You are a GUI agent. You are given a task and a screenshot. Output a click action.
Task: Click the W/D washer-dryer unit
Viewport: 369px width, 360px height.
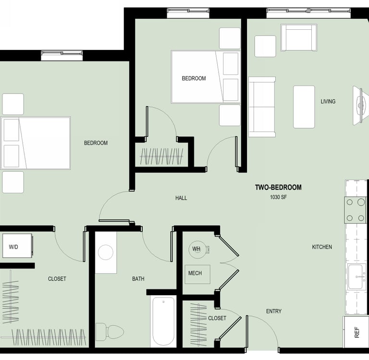17,245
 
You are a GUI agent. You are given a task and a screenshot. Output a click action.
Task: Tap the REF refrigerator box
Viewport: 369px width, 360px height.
356,332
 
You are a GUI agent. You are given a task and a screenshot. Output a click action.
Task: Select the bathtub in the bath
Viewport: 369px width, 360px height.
163,321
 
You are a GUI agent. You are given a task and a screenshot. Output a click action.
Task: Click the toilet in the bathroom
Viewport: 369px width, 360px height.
110,332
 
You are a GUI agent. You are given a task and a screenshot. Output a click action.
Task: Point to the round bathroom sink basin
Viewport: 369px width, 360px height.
105,252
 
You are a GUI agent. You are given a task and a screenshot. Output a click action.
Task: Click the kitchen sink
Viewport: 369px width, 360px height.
357,276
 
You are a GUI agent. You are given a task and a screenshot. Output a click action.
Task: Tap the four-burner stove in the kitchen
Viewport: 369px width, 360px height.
356,210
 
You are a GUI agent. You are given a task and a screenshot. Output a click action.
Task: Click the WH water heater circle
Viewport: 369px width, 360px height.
197,250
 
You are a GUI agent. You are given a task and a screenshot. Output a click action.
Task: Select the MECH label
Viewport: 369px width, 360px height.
195,273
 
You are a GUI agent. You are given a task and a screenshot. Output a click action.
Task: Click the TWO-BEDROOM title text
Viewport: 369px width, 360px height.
278,187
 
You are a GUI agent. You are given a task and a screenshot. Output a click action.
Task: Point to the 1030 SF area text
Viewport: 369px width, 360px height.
278,197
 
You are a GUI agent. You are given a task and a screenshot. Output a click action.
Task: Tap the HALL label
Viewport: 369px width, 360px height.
181,198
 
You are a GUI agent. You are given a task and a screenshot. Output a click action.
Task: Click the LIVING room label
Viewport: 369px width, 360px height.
328,101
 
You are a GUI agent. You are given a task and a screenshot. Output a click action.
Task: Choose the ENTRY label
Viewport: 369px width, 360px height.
274,312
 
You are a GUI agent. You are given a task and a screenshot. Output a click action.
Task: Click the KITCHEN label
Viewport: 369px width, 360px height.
322,247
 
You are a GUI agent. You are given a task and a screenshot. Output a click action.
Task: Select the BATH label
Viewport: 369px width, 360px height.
138,279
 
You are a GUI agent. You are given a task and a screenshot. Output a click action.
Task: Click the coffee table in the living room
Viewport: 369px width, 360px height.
304,107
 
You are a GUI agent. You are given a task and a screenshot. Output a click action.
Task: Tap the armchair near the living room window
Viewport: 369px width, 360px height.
299,37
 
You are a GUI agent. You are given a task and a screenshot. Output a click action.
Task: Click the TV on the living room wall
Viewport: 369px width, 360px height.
360,105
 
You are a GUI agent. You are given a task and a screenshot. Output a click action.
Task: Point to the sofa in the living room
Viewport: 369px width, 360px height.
262,107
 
